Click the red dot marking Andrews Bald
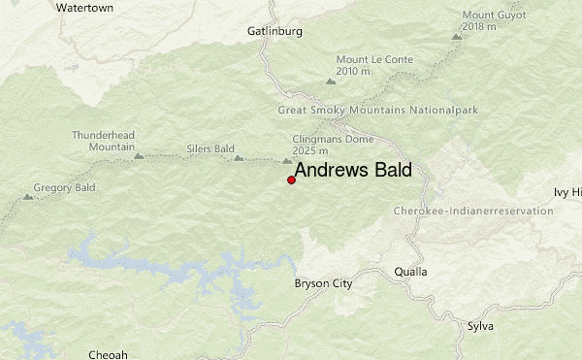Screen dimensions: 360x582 click(x=292, y=180)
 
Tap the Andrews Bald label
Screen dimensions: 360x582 click(x=353, y=171)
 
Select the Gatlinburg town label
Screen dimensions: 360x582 click(x=275, y=31)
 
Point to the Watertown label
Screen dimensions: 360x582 click(x=84, y=7)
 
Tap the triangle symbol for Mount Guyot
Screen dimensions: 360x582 click(x=456, y=36)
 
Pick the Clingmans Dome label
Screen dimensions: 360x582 click(x=318, y=144)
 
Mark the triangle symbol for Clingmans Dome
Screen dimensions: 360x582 click(x=287, y=161)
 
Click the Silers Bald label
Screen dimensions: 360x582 click(x=210, y=149)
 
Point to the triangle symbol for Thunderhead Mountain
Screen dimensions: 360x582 click(x=139, y=155)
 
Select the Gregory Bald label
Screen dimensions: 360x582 click(x=61, y=186)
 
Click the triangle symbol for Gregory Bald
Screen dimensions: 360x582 click(x=28, y=197)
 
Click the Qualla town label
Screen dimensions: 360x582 click(x=410, y=272)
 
